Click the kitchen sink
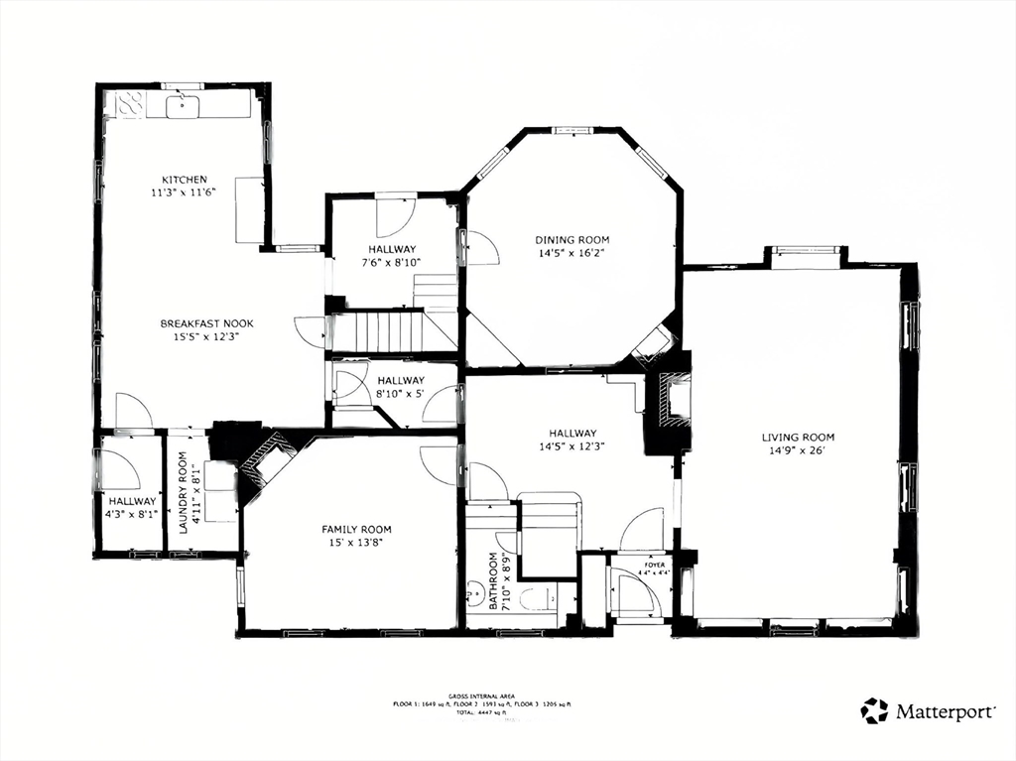[183, 105]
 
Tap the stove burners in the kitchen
[131, 103]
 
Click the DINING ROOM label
[571, 240]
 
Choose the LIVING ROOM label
[798, 438]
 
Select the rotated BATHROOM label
[493, 580]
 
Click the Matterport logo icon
[874, 710]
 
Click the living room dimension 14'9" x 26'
[798, 451]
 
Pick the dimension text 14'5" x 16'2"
[571, 254]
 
